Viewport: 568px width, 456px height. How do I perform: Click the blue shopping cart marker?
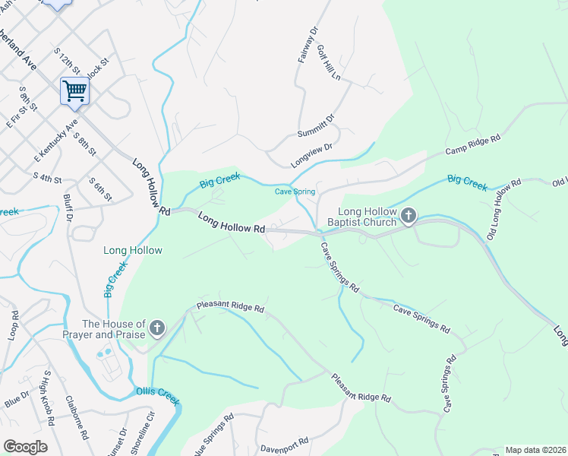[x=74, y=91]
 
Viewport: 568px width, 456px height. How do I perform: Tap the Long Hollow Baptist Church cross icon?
[x=409, y=217]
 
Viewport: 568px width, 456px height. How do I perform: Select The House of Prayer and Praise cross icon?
[x=157, y=328]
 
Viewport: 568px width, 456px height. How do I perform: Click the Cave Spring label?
[x=295, y=192]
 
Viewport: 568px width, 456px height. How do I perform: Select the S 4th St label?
[x=47, y=178]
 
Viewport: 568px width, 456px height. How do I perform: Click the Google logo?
[x=25, y=447]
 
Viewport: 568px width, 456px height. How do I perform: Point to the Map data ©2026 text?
[x=535, y=450]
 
